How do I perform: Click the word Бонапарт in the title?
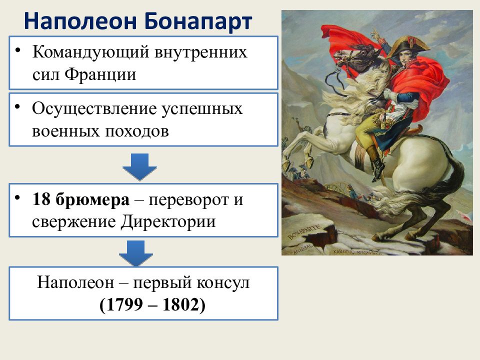coord(197,21)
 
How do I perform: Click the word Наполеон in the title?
coord(80,21)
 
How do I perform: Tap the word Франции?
coord(100,74)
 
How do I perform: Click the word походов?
coord(137,131)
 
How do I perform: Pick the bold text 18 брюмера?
coord(81,200)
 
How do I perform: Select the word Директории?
coord(168,222)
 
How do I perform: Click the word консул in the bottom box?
coord(222,282)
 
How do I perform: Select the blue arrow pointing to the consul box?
coord(136,253)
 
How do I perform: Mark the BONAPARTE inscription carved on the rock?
coord(304,231)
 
